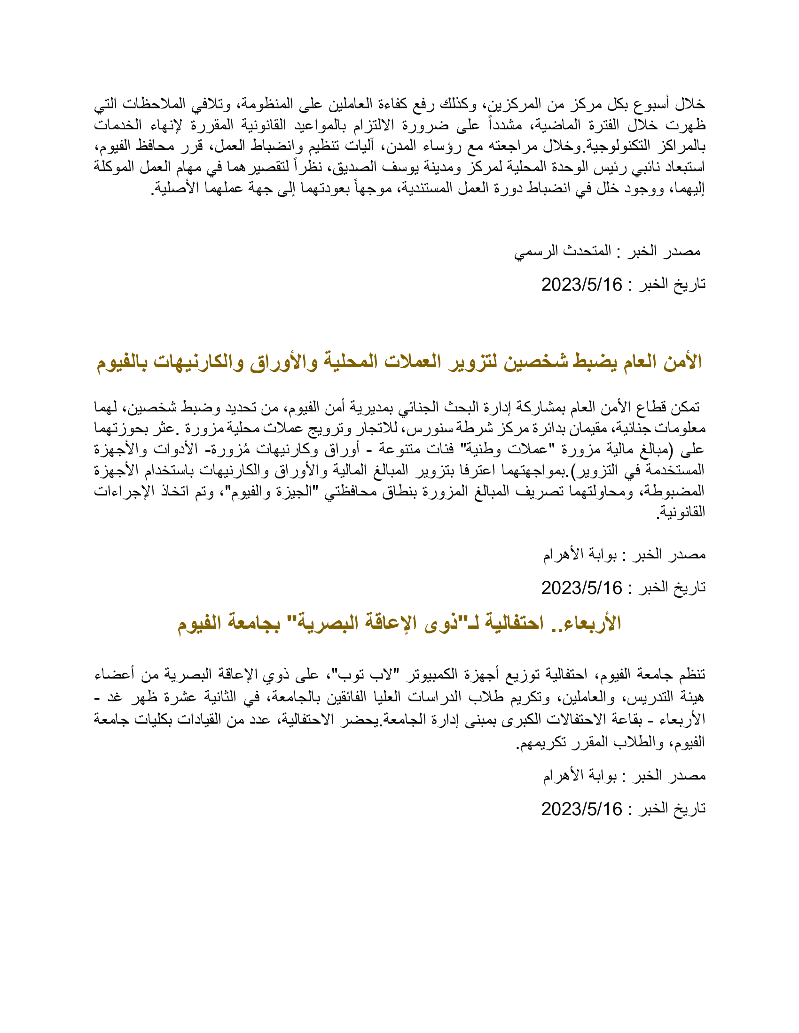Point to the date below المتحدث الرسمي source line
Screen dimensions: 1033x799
[581, 285]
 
